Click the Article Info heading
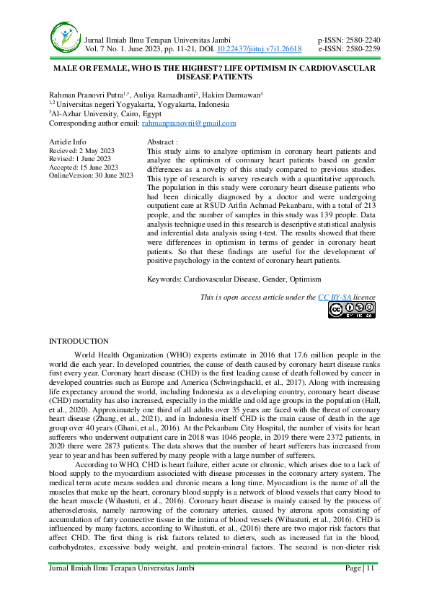pos(66,142)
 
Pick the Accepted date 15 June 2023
pos(99,167)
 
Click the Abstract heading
pos(162,142)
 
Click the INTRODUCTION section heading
pos(79,341)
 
